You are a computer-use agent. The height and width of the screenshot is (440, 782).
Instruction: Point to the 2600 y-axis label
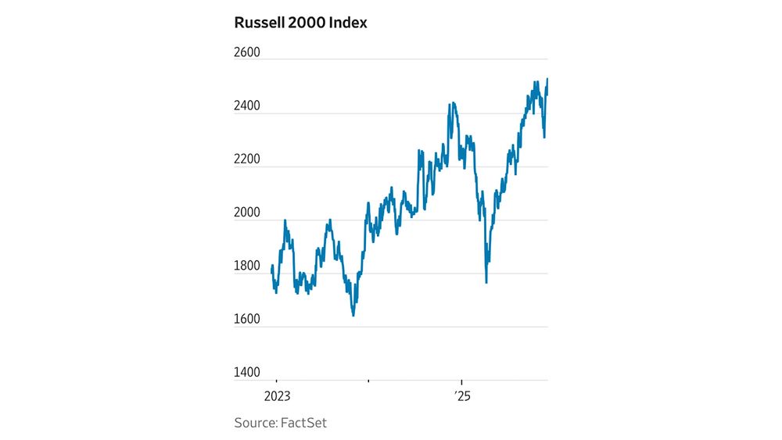(247, 52)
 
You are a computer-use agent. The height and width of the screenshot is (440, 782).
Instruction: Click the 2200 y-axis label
(247, 159)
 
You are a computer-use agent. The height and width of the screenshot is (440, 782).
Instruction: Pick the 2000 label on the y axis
(247, 213)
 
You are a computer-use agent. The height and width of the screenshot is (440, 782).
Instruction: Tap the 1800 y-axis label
(247, 267)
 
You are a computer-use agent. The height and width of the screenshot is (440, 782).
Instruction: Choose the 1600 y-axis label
(247, 320)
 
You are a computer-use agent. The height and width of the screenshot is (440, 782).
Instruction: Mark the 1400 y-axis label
(247, 373)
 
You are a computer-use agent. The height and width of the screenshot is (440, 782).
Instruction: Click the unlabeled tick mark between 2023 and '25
(368, 382)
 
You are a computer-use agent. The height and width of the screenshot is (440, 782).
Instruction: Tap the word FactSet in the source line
(303, 423)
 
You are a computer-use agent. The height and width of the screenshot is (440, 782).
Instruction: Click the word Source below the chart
(255, 423)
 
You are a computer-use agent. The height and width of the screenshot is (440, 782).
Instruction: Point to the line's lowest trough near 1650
(353, 315)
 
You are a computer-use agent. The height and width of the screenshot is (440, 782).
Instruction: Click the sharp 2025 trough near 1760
(486, 281)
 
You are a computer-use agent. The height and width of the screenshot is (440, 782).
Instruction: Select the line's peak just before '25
(452, 103)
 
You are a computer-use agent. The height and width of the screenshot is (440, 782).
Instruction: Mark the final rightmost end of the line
(547, 79)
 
